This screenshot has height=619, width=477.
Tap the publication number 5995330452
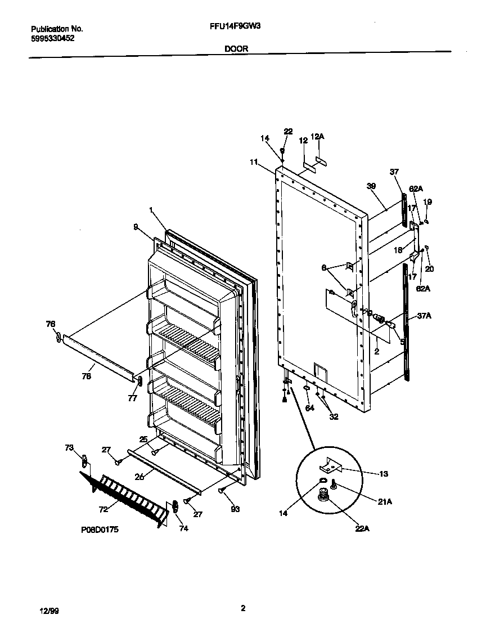[52, 38]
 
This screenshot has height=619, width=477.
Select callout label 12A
[318, 136]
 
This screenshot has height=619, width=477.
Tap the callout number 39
[371, 186]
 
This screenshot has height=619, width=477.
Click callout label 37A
[425, 316]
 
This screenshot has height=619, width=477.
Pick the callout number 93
[235, 509]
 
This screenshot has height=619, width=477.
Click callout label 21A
[384, 501]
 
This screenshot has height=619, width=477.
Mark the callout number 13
[383, 474]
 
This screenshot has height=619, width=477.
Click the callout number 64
[309, 406]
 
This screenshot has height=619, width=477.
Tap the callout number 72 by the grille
[103, 509]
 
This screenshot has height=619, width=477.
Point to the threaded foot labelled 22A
[324, 495]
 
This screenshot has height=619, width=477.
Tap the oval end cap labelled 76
[57, 337]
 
